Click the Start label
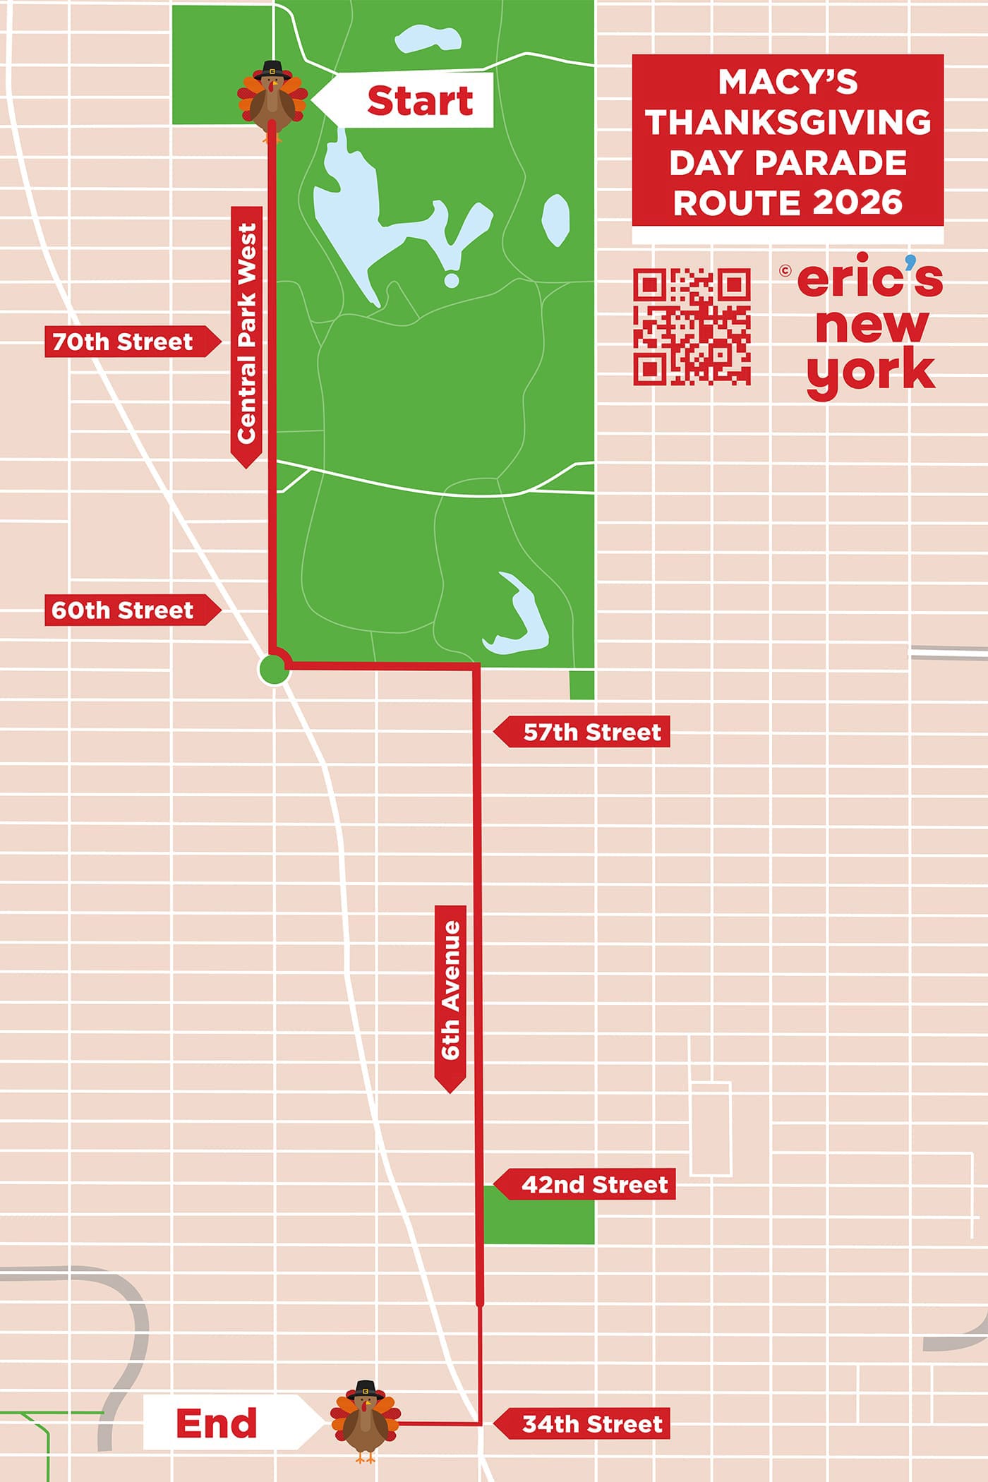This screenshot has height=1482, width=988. [419, 100]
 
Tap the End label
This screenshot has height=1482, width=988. [216, 1423]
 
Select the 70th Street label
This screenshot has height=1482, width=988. [123, 342]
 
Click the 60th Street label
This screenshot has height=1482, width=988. [123, 610]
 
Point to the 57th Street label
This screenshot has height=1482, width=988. [591, 733]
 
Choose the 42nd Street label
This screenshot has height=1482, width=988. [594, 1184]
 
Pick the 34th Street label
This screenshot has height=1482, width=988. [591, 1424]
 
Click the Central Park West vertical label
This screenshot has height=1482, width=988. [246, 333]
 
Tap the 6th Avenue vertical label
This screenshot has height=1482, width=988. [451, 990]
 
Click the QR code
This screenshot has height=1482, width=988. [692, 326]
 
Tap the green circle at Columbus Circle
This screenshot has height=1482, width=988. [273, 669]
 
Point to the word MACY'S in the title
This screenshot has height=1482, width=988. [788, 83]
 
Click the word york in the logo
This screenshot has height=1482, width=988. [871, 373]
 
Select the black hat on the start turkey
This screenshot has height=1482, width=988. [272, 70]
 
